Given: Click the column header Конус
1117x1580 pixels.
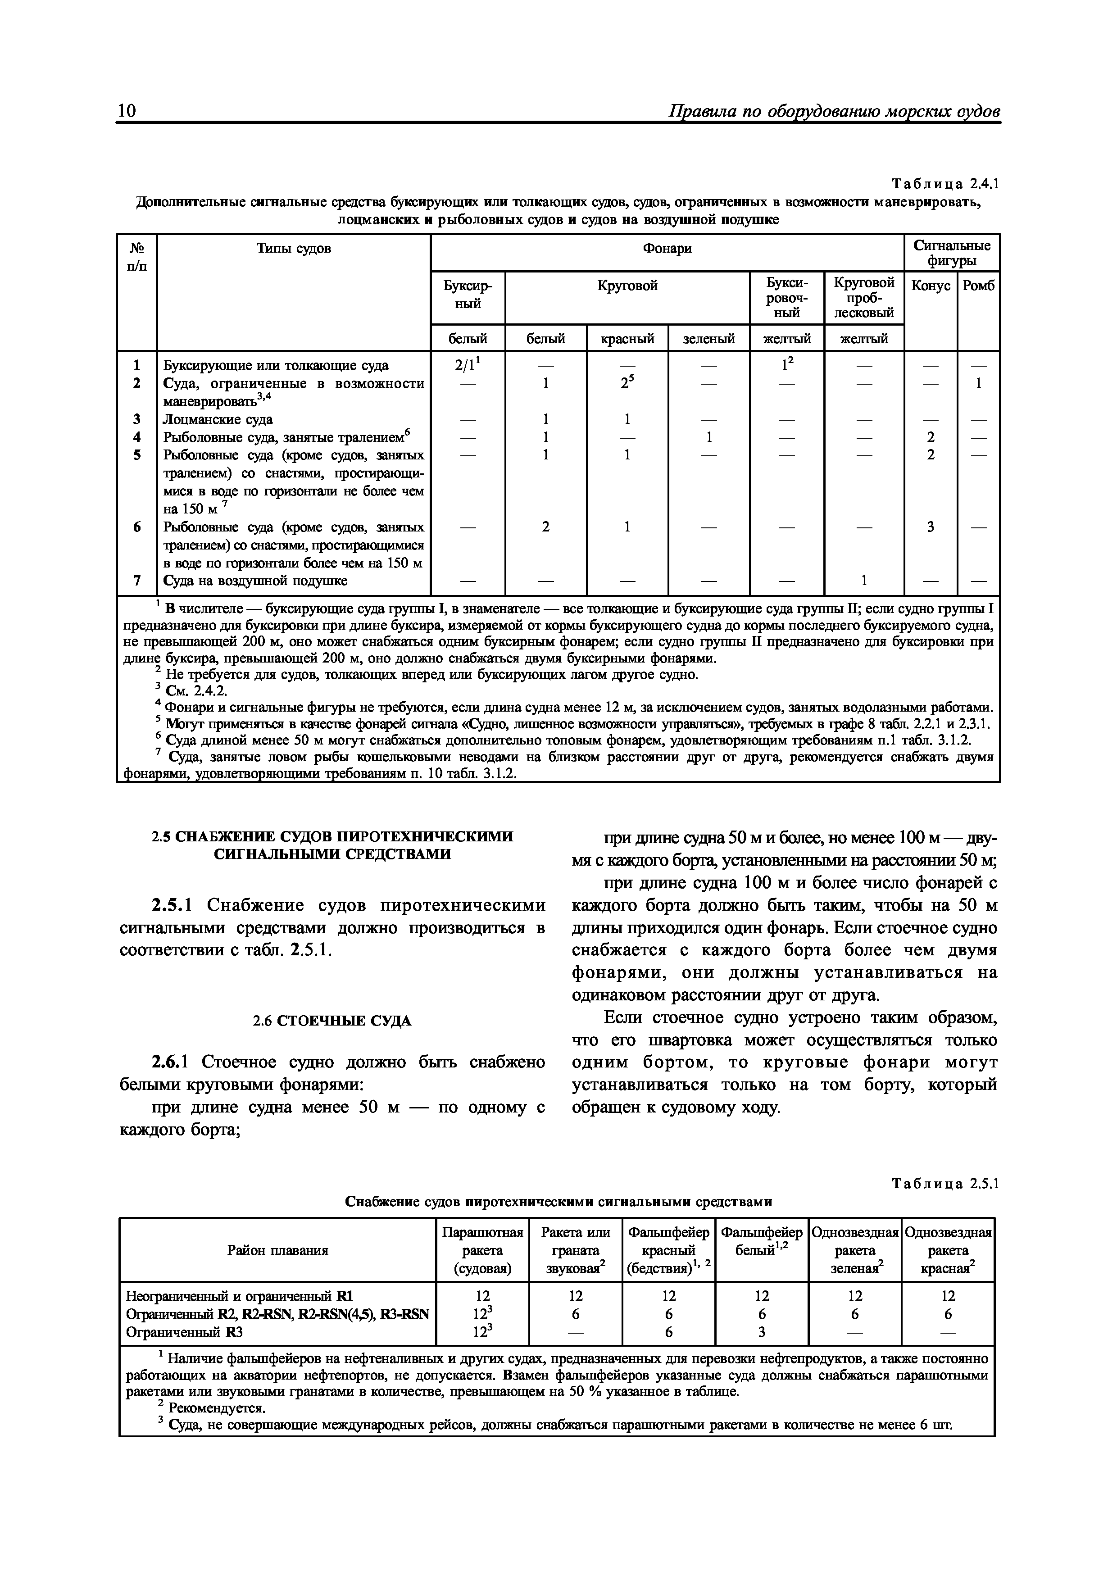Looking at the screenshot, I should [x=931, y=286].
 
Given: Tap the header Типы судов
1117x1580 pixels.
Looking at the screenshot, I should [x=293, y=249].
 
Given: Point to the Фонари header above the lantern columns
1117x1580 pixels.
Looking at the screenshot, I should [x=667, y=249].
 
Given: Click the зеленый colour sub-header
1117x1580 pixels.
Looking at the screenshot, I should [x=709, y=339].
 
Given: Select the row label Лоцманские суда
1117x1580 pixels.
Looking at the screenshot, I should [x=218, y=419].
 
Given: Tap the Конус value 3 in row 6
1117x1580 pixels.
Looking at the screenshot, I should [x=931, y=527].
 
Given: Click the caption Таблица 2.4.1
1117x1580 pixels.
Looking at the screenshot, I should [x=944, y=184].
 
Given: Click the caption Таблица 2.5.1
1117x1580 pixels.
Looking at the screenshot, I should [x=944, y=1184].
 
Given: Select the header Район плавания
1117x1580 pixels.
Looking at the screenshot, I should [x=277, y=1250].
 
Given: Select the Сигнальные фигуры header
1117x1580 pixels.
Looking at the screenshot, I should [x=952, y=253].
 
